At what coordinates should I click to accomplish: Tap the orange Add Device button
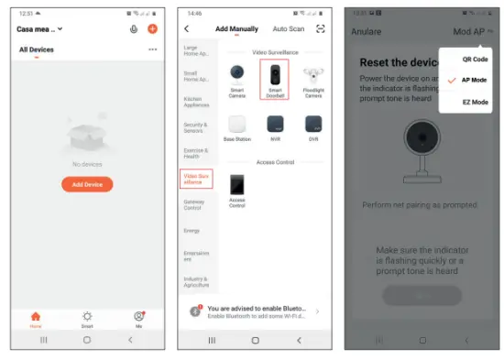point(87,184)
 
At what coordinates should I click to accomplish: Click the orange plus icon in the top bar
point(152,29)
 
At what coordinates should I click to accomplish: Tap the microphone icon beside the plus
point(134,29)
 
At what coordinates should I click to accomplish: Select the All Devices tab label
point(36,49)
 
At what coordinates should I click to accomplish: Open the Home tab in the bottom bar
point(36,318)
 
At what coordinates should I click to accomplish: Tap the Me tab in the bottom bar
point(138,318)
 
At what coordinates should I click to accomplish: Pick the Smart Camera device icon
point(236,77)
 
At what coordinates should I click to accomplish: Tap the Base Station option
point(236,127)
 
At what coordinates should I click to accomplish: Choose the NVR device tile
point(274,127)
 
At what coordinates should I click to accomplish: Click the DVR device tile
point(312,127)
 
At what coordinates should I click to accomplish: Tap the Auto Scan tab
point(289,29)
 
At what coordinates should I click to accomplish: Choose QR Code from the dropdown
point(474,59)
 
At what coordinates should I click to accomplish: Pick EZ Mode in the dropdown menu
point(474,102)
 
